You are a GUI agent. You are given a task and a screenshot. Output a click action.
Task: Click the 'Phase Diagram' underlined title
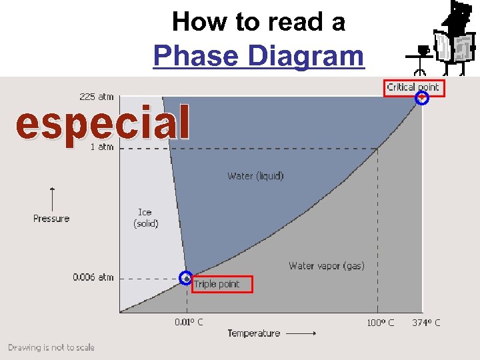point(259,56)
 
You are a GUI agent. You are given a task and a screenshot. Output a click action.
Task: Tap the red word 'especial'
point(103,123)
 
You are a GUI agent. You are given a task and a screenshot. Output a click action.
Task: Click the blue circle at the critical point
point(421,99)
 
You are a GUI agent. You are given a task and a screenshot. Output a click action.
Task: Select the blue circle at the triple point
point(186,277)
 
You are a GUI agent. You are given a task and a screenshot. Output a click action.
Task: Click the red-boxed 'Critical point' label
point(413,87)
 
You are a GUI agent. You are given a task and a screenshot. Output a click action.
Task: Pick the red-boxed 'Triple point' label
point(223,285)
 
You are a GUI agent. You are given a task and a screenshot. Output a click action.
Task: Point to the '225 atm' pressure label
point(97,97)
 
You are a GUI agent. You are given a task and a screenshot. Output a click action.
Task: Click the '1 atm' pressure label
point(102,147)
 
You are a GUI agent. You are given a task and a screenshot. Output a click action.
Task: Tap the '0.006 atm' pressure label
point(93,277)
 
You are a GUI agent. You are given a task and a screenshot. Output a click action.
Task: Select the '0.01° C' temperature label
point(189,322)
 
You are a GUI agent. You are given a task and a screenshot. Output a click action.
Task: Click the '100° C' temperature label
point(380,323)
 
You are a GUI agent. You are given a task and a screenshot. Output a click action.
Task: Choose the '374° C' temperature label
point(426,323)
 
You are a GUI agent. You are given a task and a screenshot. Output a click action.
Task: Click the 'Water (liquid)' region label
point(255,176)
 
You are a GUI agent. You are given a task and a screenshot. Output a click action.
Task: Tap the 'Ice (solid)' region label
point(145,218)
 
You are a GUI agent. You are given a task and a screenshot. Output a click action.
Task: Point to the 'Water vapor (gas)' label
point(327,266)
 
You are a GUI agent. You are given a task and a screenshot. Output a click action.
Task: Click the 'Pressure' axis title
point(51,219)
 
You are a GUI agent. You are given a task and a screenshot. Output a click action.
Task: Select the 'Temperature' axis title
point(253,333)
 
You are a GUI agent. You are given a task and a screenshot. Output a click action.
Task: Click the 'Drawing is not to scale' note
point(51,347)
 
